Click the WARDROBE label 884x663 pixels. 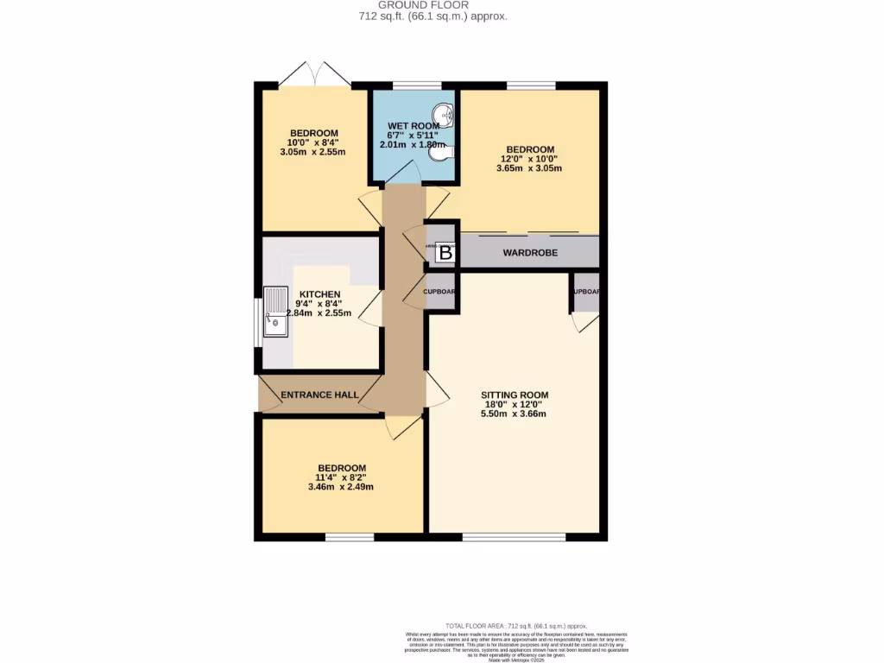(530, 253)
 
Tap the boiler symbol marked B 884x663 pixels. (445, 253)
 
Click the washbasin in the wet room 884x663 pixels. (445, 115)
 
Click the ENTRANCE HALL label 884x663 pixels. (319, 395)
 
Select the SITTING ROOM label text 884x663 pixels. (515, 395)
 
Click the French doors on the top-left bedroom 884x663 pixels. (314, 74)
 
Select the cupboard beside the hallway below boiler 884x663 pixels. (440, 291)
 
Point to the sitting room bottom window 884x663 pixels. (515, 537)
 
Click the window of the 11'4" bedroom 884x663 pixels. (350, 537)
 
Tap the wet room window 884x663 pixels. (417, 85)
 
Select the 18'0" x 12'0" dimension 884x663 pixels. (515, 405)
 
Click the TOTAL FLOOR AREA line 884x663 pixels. (515, 625)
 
